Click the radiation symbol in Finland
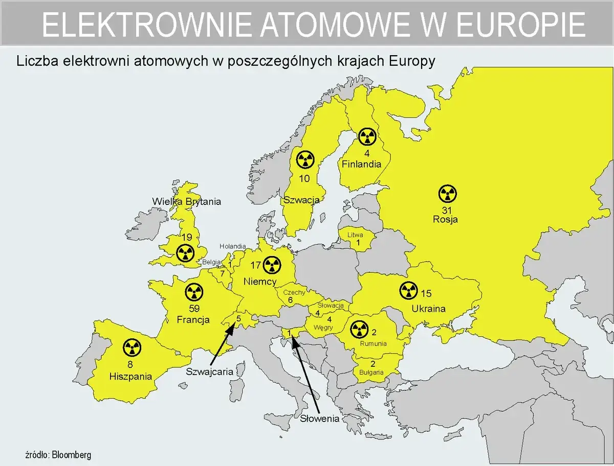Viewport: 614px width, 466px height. (x=367, y=136)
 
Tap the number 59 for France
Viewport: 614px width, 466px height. (x=194, y=309)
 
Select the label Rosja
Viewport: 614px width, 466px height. (x=445, y=220)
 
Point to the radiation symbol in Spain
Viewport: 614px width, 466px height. (x=131, y=348)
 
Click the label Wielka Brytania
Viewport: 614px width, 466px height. (x=186, y=201)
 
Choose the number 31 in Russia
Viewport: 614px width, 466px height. (x=447, y=210)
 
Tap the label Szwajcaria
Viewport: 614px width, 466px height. (x=209, y=371)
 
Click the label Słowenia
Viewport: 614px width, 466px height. (x=320, y=419)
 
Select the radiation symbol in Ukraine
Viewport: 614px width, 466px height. (x=408, y=291)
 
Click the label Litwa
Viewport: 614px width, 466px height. (x=355, y=235)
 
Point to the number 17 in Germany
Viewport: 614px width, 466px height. (x=255, y=265)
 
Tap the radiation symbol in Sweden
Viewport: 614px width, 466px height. (x=305, y=160)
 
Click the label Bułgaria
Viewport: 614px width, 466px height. (x=371, y=372)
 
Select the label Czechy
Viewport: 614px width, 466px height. (x=294, y=292)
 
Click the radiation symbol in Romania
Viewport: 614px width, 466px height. (x=358, y=329)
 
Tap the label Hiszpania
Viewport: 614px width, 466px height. (x=131, y=377)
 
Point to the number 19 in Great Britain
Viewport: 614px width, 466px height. (x=186, y=238)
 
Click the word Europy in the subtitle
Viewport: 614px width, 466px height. (x=412, y=61)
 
